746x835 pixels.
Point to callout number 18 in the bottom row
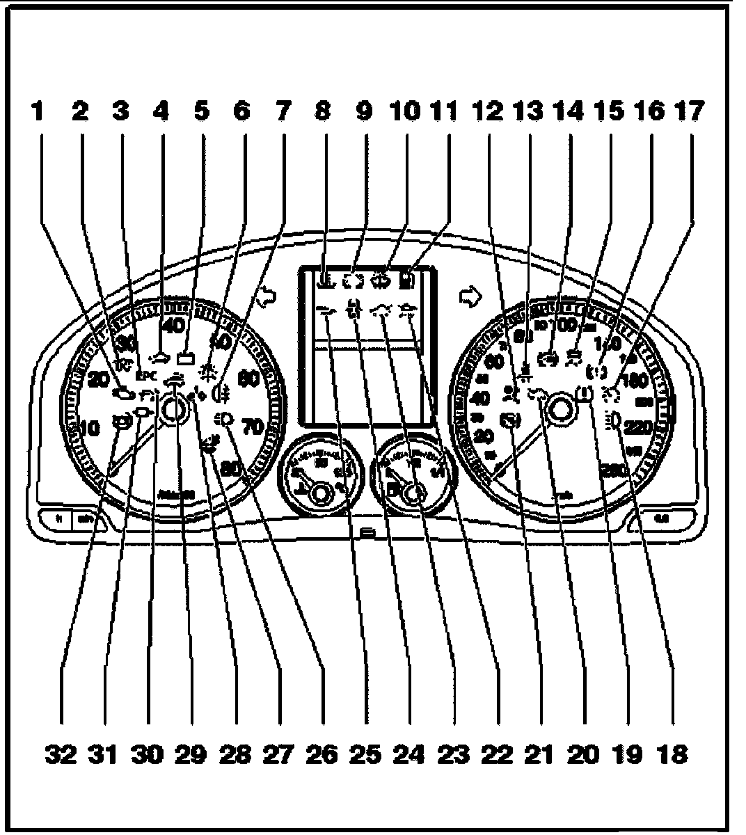point(672,753)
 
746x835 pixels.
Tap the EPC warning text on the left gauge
point(145,376)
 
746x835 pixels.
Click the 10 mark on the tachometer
point(90,429)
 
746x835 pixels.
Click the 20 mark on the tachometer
point(100,380)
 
